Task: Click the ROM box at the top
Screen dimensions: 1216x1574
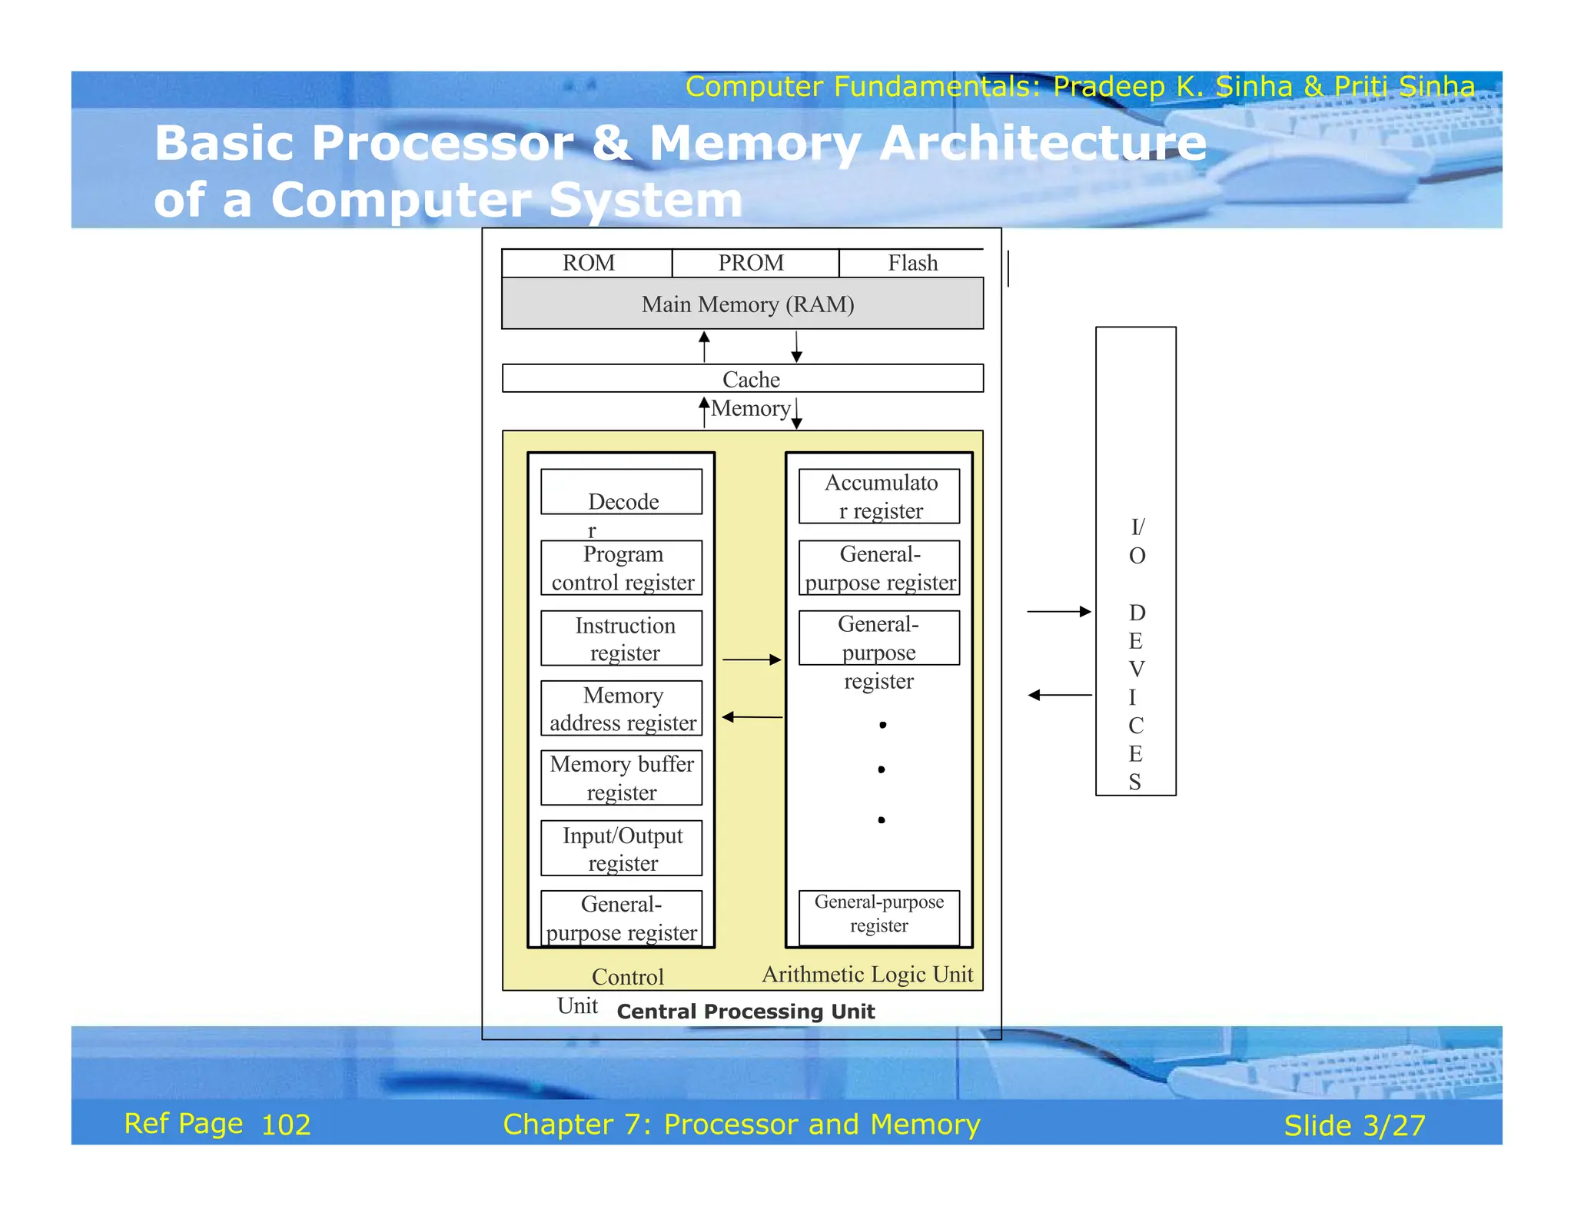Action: click(x=587, y=263)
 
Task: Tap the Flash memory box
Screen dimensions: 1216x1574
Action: click(x=912, y=263)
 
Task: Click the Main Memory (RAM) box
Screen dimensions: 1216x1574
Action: click(x=742, y=304)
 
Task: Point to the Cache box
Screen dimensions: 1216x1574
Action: click(x=742, y=379)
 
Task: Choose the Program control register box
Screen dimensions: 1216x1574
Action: click(x=622, y=568)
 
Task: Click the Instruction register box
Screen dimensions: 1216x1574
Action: click(x=622, y=638)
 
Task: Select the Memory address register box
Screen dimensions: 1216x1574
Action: click(x=622, y=708)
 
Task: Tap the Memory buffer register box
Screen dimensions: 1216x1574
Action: click(x=622, y=778)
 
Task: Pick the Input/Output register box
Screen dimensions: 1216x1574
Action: click(x=622, y=849)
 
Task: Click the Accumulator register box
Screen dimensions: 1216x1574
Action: click(x=879, y=497)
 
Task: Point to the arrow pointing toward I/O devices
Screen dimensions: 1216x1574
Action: click(x=1059, y=612)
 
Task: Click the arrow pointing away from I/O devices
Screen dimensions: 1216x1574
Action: click(x=1059, y=695)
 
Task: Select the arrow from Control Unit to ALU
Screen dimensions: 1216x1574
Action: click(x=752, y=659)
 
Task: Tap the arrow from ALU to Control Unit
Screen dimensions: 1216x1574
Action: click(x=752, y=717)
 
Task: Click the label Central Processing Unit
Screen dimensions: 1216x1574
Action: click(x=745, y=1012)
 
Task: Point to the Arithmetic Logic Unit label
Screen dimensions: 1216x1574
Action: click(x=867, y=975)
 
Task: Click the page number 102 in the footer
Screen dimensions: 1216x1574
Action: click(x=286, y=1125)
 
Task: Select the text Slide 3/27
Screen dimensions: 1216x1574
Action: click(x=1354, y=1126)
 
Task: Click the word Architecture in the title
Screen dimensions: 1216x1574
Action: click(x=1043, y=144)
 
